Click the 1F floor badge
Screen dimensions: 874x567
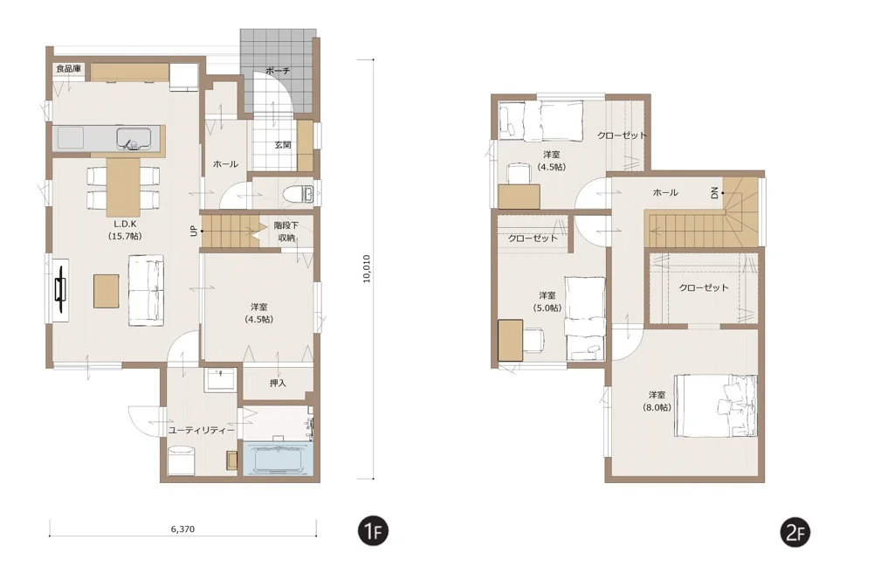point(372,531)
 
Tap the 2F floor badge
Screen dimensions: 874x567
point(795,532)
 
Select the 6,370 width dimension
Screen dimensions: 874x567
point(182,529)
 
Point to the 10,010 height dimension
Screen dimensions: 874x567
point(366,269)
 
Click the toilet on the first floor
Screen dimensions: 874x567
point(299,195)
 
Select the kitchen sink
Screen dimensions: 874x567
point(134,138)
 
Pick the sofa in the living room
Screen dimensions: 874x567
point(147,290)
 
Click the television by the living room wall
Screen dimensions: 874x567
point(60,290)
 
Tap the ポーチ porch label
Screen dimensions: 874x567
point(278,71)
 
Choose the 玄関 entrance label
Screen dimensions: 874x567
point(283,145)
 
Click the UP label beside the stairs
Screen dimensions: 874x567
point(194,231)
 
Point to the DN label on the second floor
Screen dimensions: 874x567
point(714,193)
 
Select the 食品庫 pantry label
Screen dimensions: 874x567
point(69,68)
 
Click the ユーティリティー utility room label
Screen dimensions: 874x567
point(201,431)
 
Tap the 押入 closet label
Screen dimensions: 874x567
point(278,383)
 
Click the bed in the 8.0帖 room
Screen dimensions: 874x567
point(716,406)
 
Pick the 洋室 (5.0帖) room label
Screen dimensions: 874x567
point(547,301)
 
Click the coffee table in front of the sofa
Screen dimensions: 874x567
point(106,291)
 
